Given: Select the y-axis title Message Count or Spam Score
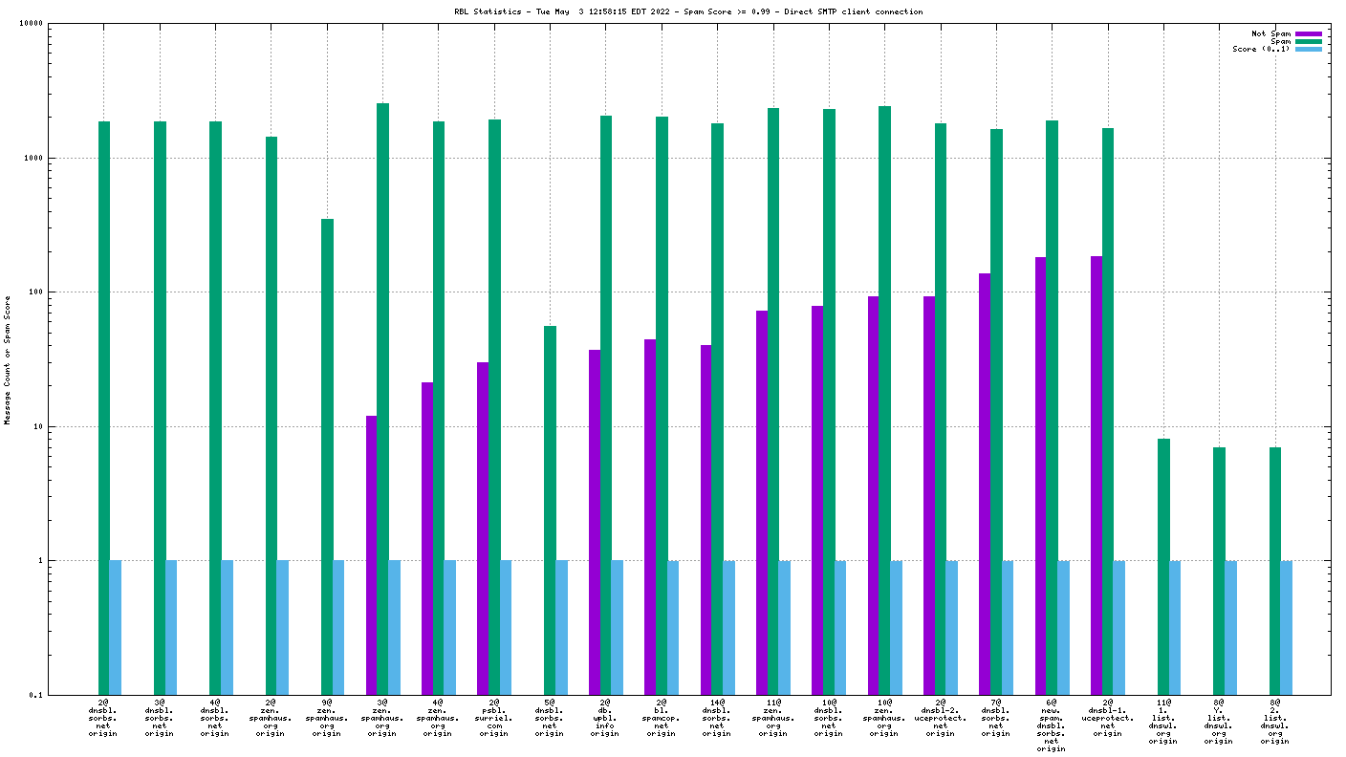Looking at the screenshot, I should coord(8,359).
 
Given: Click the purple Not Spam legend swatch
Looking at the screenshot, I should coord(1309,33).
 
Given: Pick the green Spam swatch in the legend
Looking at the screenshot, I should coord(1309,41).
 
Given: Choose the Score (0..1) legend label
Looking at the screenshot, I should coord(1261,49).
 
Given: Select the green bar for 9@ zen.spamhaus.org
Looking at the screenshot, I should coord(327,457).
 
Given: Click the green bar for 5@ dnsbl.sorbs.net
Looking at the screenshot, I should coord(550,510).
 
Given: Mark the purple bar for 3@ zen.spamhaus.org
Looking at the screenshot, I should coord(371,554).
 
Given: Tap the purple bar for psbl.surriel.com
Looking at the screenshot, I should coord(483,528).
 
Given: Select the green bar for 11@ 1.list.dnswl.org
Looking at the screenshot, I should coord(1163,566).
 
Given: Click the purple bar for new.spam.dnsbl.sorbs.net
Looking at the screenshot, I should coord(1040,475).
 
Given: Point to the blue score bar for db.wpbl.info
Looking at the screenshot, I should coord(617,627).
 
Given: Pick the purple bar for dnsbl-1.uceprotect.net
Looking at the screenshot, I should coord(1096,475).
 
